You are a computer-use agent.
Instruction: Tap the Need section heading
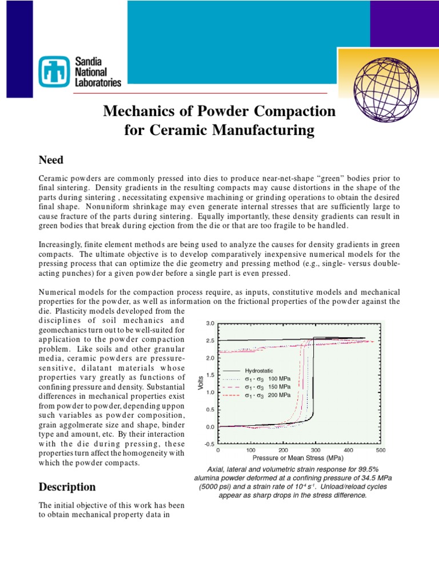[x=51, y=159]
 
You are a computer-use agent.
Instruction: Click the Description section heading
[x=67, y=487]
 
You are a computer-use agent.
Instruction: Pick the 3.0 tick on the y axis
[x=210, y=323]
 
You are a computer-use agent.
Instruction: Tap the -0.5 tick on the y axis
[x=209, y=444]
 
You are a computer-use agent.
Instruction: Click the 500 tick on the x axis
[x=381, y=450]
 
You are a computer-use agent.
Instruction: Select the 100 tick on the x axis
[x=250, y=450]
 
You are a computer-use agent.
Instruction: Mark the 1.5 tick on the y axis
[x=210, y=375]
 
